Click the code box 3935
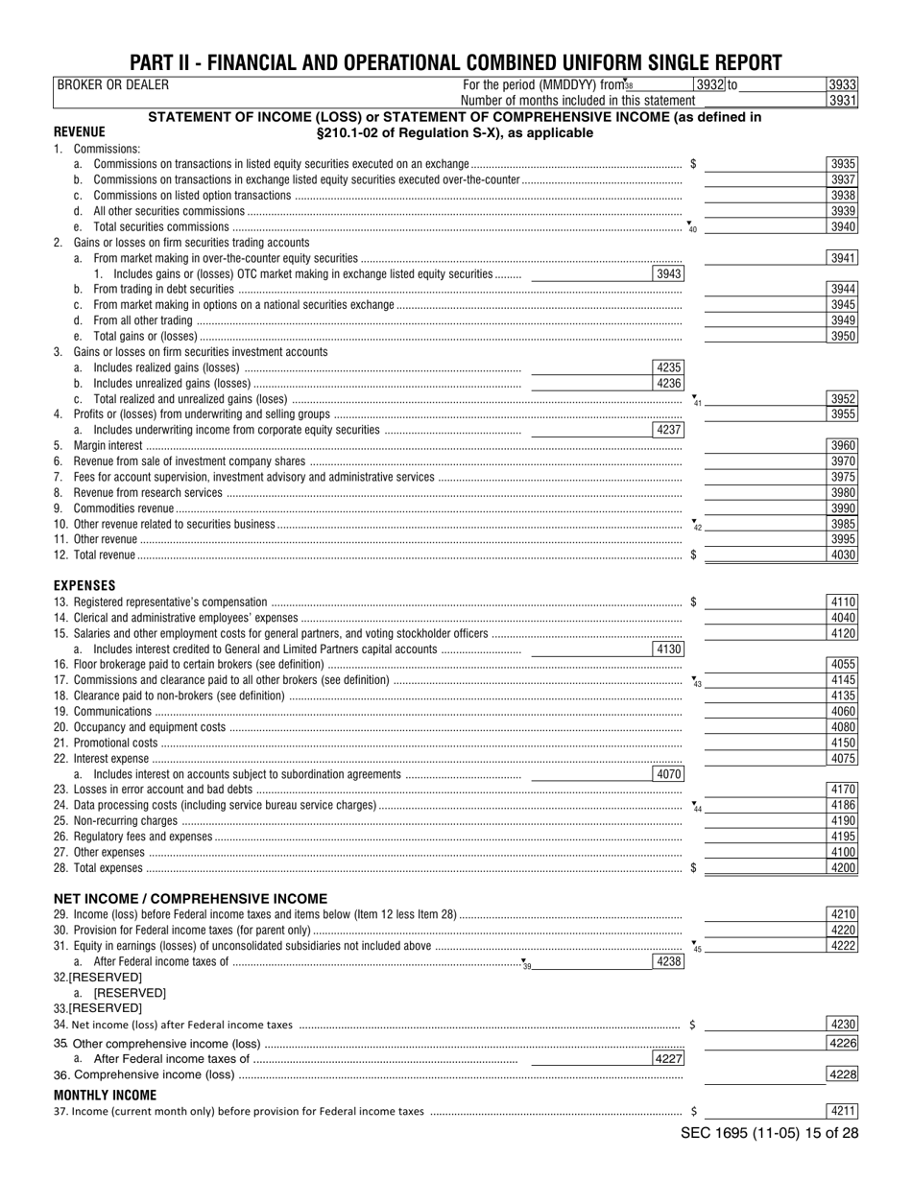pos(842,165)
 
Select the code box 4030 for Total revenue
pos(842,555)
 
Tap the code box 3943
pos(668,274)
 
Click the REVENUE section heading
pos(80,132)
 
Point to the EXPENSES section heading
pos(84,584)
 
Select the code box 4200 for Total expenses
pos(842,867)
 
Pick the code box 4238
pos(668,961)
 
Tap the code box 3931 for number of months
pos(842,100)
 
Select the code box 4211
pos(842,1112)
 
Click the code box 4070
pos(668,774)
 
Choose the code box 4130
pos(668,649)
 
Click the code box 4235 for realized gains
pos(668,367)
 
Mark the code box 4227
pos(668,1060)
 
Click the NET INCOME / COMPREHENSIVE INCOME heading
pos(190,899)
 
